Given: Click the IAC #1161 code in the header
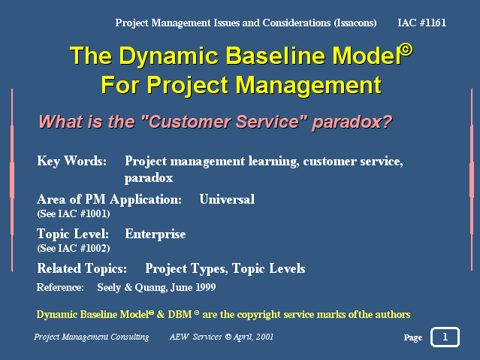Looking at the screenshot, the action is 421,23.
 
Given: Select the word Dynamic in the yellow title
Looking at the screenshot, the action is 168,56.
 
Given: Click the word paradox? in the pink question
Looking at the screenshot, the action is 352,122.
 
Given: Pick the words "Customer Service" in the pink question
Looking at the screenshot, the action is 225,121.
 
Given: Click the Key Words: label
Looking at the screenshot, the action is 71,161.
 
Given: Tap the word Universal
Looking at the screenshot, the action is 227,199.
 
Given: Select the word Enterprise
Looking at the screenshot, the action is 155,234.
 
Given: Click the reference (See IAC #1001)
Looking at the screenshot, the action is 74,213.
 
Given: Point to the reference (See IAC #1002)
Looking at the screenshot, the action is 74,248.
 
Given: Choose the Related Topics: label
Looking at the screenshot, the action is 82,268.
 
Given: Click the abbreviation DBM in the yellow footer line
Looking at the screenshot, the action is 180,314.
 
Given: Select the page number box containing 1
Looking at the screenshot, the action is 445,337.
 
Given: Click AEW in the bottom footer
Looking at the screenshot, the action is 179,337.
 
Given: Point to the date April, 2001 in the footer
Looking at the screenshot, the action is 253,337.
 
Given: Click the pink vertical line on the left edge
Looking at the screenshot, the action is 12,180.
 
